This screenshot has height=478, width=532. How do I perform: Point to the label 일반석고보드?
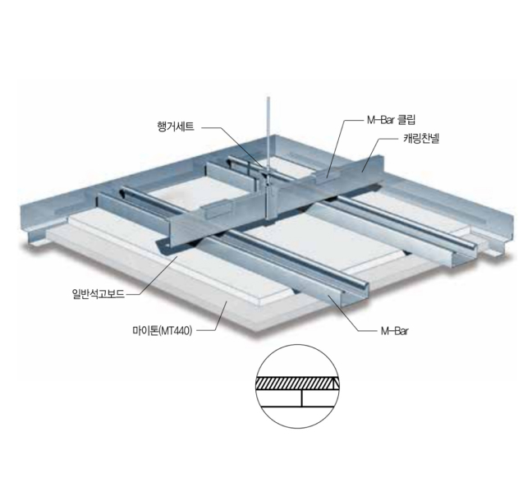99,292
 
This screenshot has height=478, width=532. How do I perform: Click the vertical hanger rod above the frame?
268,131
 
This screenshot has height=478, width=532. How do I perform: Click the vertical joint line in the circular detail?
303,398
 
